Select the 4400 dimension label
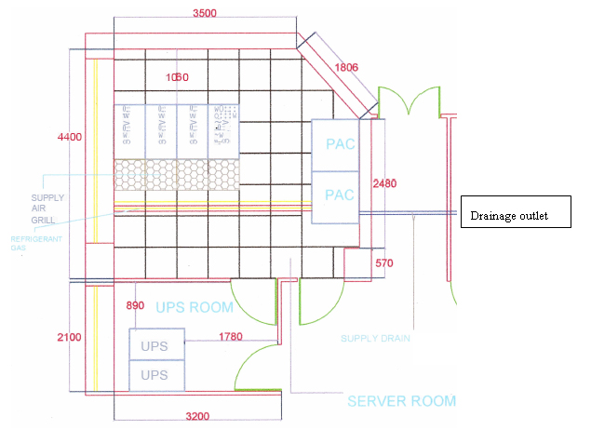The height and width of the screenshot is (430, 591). pos(69,138)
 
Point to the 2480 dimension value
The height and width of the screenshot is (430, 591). pos(384,183)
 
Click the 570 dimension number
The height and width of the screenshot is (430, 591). pos(384,263)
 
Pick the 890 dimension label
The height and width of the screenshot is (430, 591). pos(136,306)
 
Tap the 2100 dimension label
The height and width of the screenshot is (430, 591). pos(69,336)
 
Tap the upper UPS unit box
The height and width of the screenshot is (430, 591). pos(154,345)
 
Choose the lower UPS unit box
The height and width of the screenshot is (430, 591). pos(154,375)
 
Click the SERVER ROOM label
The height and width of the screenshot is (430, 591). pos(401,401)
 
